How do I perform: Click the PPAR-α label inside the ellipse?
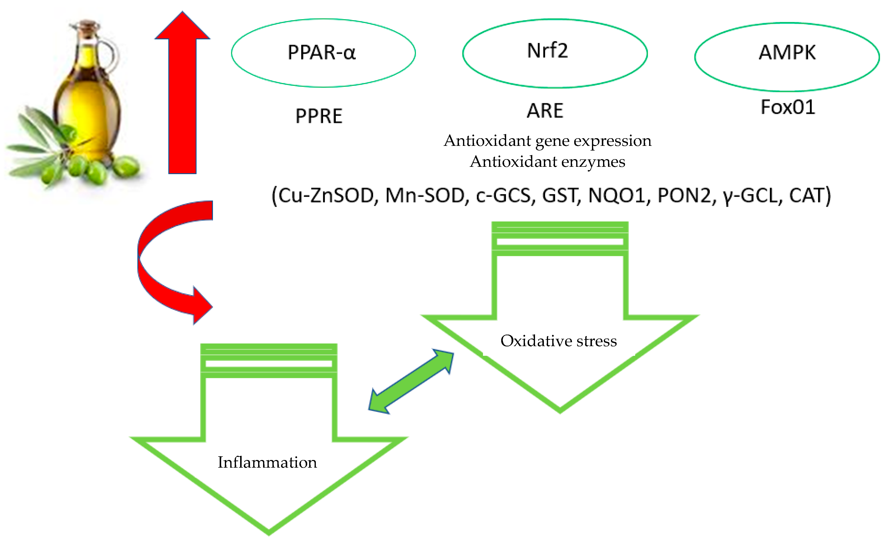(x=321, y=52)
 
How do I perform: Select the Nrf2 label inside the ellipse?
(x=547, y=51)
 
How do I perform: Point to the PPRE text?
(x=319, y=116)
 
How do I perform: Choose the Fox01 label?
(x=788, y=107)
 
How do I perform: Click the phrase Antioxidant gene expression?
(x=547, y=141)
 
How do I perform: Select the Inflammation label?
(x=267, y=462)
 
